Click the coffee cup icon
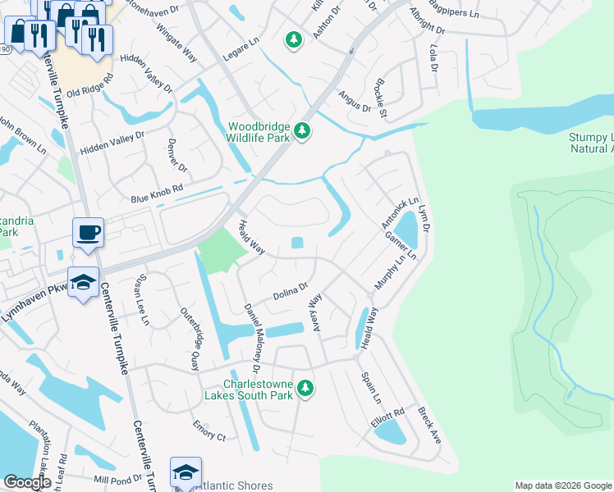click(88, 231)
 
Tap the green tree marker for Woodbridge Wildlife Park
click(303, 131)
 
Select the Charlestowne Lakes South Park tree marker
click(305, 387)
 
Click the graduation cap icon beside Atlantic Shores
click(186, 471)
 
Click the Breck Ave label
click(429, 426)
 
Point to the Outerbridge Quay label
click(190, 338)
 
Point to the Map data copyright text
click(562, 485)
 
